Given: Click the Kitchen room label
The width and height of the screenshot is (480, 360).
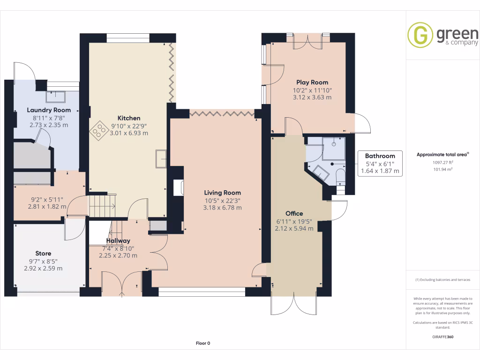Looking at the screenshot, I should tap(128, 118).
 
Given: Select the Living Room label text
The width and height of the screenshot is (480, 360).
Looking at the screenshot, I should tap(222, 193).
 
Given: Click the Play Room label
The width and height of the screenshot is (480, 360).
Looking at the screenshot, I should tap(312, 82).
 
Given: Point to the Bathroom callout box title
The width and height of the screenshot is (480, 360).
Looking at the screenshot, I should tap(380, 156).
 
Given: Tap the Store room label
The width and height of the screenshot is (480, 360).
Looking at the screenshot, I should tap(43, 254).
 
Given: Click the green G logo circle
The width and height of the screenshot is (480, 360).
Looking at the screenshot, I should tap(420, 35).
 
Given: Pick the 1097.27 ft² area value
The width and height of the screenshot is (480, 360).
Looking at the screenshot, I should tap(443, 162).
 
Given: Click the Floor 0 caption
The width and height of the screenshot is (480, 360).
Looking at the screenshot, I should tap(203, 343).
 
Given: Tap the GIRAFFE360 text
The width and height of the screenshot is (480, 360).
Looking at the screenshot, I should tap(443, 337).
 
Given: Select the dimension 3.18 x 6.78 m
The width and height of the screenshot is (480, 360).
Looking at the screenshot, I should tap(222, 208).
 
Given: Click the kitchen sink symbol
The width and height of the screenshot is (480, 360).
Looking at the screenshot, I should tap(161, 158).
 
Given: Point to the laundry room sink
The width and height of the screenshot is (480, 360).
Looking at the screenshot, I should tap(55, 97).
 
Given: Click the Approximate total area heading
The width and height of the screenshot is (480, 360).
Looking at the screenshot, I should tap(442, 155).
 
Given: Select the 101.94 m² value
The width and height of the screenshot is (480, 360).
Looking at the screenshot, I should tap(443, 169).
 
